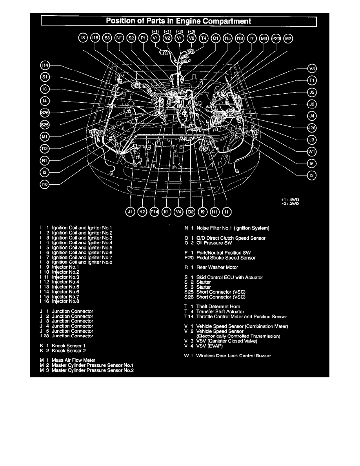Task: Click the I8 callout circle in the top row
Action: (x=83, y=38)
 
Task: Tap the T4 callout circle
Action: (x=203, y=38)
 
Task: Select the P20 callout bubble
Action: (x=276, y=38)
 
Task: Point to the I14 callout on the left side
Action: (x=45, y=65)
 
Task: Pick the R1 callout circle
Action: (x=45, y=160)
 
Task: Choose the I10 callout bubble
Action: (x=45, y=184)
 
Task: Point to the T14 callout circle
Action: (x=155, y=211)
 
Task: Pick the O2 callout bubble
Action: (x=191, y=211)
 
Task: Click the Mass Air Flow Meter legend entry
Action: (x=73, y=360)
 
